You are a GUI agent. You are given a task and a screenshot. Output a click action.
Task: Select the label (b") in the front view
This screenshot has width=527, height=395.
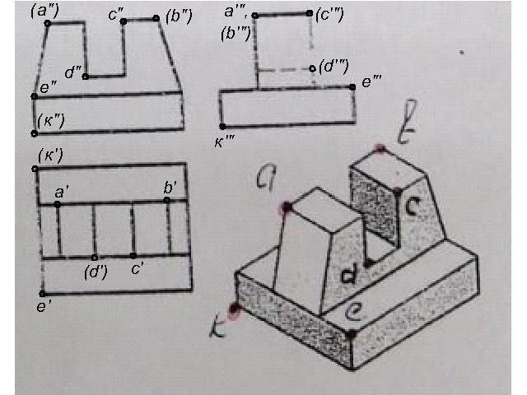coord(179,16)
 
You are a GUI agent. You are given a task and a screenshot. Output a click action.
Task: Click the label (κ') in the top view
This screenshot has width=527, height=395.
coord(51,154)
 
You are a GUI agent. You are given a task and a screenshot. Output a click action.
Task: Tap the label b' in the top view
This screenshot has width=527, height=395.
coord(173,187)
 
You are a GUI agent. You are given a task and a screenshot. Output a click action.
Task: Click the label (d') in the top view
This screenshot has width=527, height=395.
coord(97,272)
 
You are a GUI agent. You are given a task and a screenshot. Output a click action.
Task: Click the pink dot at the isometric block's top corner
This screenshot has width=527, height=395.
coord(380,149)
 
